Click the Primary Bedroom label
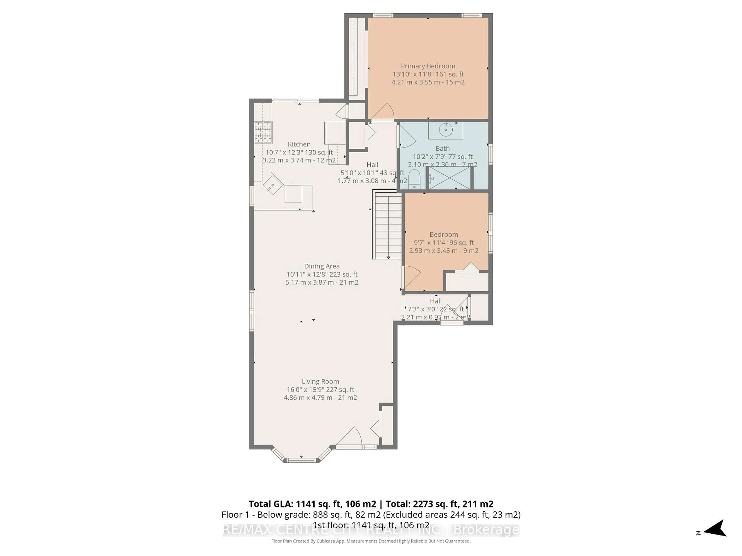point(428,66)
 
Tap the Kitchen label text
point(299,144)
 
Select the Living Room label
point(320,381)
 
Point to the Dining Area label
point(322,266)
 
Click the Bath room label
point(442,148)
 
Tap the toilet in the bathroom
point(414,179)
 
